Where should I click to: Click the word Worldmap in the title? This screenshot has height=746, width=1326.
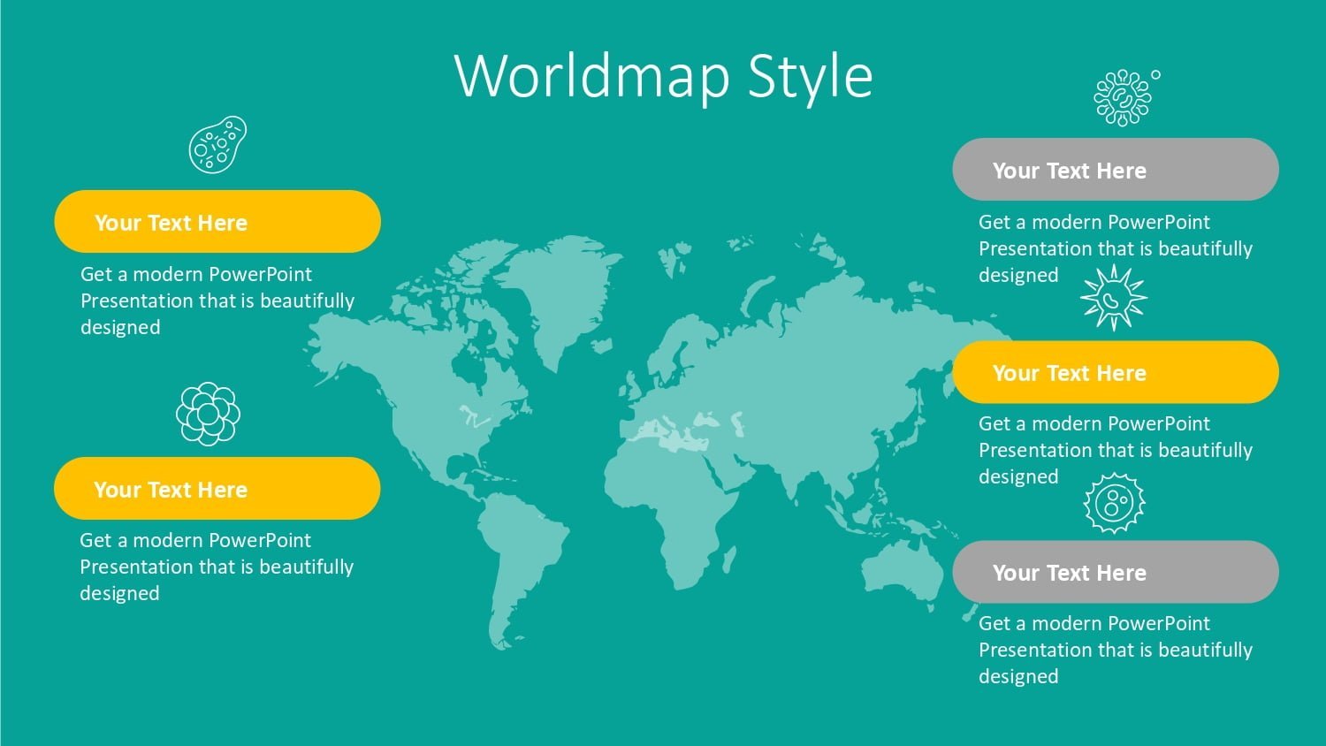[592, 76]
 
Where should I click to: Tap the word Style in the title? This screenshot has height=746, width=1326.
[810, 76]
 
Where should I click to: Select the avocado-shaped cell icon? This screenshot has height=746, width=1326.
[217, 144]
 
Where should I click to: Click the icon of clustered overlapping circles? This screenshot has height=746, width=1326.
[208, 414]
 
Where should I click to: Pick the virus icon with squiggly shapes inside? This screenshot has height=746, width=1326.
[1123, 98]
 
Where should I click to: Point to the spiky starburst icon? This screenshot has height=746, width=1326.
[1114, 298]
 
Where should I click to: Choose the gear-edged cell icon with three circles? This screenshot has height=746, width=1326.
[1114, 503]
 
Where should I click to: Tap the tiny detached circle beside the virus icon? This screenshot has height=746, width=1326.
[1155, 74]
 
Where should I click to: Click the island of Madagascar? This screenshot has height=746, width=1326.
[730, 559]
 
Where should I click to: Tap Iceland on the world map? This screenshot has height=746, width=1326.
[602, 346]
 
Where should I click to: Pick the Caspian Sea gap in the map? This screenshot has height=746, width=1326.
[737, 424]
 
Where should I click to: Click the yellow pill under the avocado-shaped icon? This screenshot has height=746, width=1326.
[217, 222]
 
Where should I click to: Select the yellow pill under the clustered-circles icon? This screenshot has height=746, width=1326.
[217, 489]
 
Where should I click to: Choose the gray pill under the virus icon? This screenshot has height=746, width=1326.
[1116, 170]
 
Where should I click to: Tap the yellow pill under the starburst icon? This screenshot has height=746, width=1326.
[1116, 372]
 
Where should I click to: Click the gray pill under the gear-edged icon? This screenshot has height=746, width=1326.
[1116, 572]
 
